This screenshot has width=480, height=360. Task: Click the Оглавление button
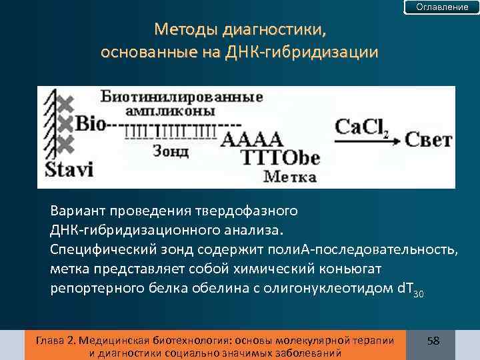442,7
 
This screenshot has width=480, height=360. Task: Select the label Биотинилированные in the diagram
182,97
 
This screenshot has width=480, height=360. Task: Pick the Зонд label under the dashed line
171,151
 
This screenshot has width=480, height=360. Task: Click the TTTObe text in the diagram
280,159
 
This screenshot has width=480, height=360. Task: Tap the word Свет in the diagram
429,141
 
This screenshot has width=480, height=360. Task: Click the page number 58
433,341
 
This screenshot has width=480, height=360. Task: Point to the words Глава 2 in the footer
54,340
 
